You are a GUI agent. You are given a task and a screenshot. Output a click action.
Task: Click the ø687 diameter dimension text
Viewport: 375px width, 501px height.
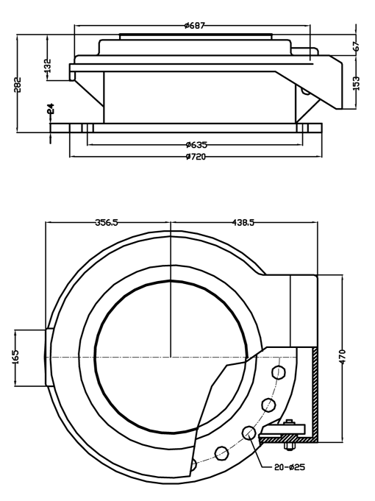tap(195, 25)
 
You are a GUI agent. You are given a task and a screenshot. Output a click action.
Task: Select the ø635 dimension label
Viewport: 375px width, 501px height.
tap(195, 144)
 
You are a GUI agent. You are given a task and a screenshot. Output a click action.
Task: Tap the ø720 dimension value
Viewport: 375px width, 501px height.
tap(195, 157)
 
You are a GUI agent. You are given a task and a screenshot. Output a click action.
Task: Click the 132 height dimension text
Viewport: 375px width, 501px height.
tap(47, 67)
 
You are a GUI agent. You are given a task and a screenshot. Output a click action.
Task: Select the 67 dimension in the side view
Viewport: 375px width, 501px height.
tap(357, 45)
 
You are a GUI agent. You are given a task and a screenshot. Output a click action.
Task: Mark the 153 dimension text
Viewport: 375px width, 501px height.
tap(357, 82)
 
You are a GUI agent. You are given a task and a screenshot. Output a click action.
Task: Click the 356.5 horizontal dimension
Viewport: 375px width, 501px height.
tap(108, 221)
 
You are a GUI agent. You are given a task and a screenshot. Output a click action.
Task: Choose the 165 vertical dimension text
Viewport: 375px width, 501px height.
tap(16, 357)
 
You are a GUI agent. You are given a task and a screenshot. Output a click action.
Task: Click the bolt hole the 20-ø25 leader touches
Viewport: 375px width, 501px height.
tap(249, 433)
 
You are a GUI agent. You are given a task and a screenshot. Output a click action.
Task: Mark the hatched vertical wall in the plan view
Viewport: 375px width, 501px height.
tap(314, 390)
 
